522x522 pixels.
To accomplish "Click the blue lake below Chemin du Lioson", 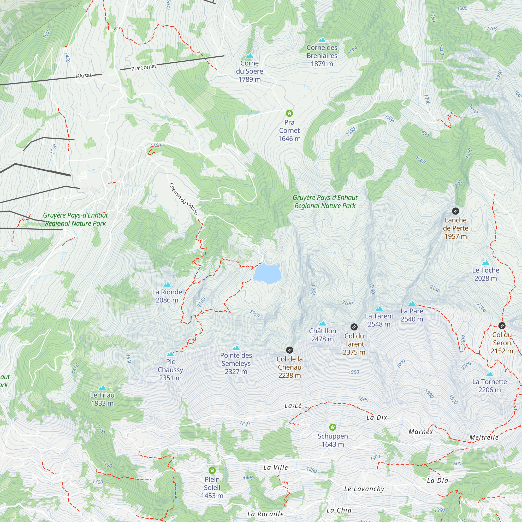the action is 267,273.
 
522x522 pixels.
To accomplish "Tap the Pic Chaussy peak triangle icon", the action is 170,354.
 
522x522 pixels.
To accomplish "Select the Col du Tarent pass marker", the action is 354,327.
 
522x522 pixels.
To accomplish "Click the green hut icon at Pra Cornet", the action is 289,113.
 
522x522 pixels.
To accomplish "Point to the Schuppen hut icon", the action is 333,427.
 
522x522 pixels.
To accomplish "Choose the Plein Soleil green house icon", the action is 212,470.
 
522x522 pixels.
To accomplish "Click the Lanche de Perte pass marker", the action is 455,211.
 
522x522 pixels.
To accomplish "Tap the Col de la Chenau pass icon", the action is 289,350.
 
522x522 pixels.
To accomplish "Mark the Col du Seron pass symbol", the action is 502,325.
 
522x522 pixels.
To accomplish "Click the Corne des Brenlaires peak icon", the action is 322,40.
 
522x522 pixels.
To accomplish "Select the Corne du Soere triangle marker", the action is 249,56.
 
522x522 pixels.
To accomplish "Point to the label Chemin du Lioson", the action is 183,199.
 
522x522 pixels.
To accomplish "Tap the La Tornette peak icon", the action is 490,375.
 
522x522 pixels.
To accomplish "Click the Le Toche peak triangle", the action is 485,263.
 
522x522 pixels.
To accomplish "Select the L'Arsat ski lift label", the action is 84,75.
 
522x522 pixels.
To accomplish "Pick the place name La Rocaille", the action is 265,514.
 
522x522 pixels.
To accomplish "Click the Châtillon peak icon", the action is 322,323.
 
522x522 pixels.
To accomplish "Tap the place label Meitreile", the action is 484,437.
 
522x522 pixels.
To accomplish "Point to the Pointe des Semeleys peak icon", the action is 236,348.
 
